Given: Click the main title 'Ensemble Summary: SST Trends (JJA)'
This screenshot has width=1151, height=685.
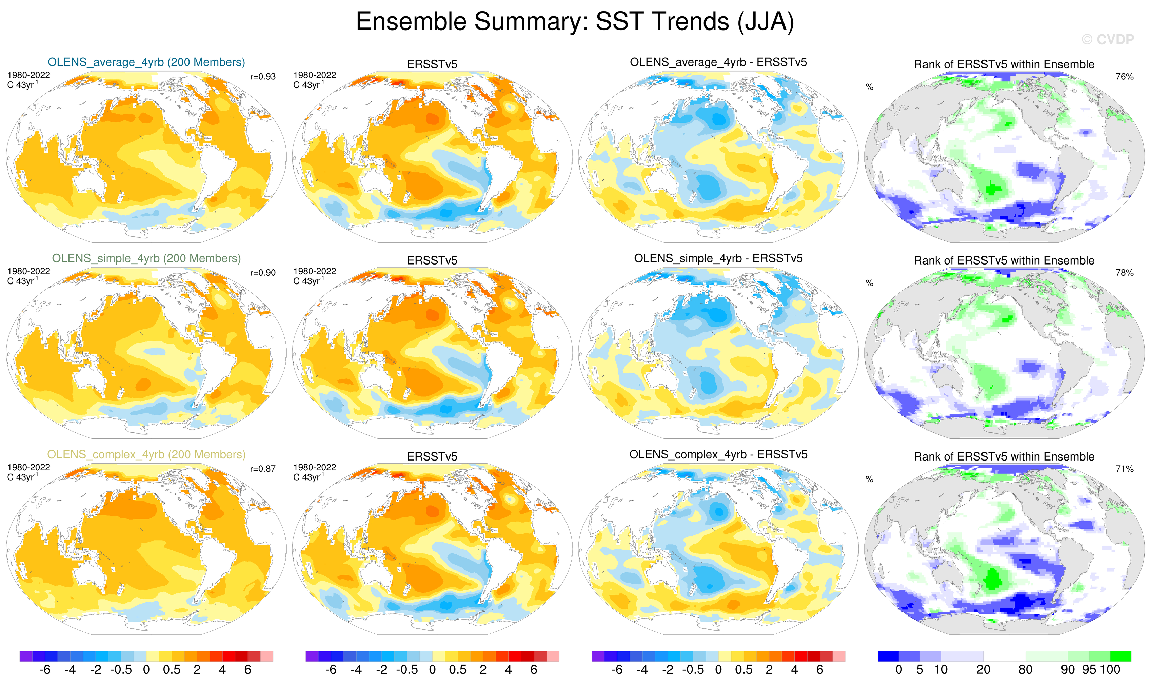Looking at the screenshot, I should click(575, 22).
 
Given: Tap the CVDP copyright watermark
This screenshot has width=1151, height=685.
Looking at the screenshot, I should click(1107, 40).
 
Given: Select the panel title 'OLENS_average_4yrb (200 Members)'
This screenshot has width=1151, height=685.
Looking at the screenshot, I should click(146, 62).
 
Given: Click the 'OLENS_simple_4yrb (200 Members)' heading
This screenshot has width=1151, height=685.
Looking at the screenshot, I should click(146, 258).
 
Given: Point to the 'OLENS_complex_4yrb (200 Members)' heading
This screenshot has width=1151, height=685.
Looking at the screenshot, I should click(146, 455).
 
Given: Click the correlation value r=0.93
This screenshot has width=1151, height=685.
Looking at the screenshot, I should click(263, 77).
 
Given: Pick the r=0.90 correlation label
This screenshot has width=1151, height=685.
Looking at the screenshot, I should click(263, 273).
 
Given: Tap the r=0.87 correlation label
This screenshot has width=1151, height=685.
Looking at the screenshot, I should click(263, 469).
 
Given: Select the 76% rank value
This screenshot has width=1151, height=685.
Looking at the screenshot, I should click(1124, 77).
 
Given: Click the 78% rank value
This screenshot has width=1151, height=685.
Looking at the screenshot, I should click(1124, 273).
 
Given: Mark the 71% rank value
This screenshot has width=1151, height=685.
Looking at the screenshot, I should click(1124, 469).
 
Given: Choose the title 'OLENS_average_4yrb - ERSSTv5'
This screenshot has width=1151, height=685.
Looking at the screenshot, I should click(718, 62).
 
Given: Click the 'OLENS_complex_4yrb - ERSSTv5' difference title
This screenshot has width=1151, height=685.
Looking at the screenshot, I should click(718, 455).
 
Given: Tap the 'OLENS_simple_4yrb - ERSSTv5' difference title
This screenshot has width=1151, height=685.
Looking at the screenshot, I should click(718, 258).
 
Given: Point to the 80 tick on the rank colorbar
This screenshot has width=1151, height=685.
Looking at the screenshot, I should click(1025, 670).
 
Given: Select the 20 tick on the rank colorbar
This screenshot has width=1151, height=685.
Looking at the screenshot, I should click(983, 670).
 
